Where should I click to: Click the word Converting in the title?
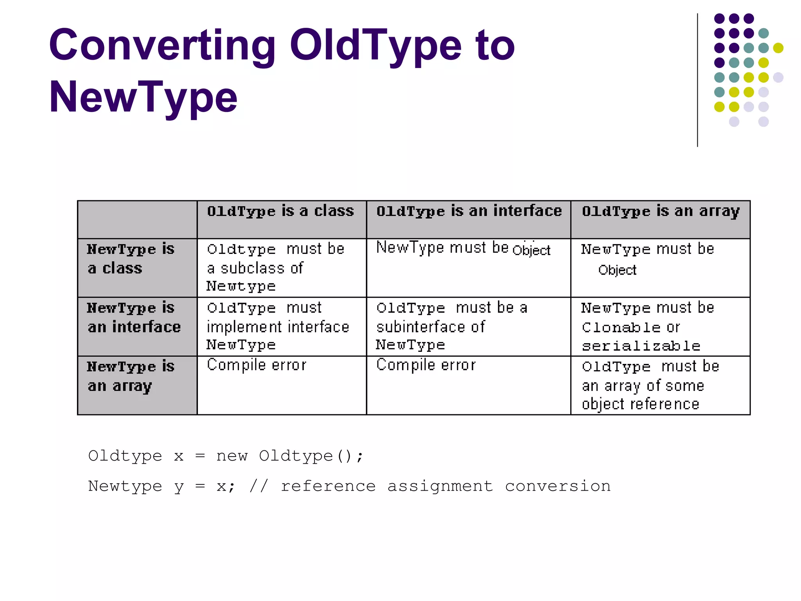pyautogui.click(x=162, y=46)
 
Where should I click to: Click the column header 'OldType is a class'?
pyautogui.click(x=280, y=211)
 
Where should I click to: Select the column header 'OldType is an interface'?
pyautogui.click(x=469, y=211)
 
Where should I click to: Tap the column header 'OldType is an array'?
pyautogui.click(x=661, y=211)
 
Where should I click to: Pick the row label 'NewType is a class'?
pyautogui.click(x=130, y=259)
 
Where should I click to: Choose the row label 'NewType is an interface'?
pyautogui.click(x=134, y=317)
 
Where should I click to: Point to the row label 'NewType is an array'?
pyautogui.click(x=130, y=376)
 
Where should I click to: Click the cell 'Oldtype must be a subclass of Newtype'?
pyautogui.click(x=275, y=268)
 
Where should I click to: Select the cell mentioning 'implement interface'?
pyautogui.click(x=278, y=326)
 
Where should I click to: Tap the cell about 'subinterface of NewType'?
pyautogui.click(x=452, y=326)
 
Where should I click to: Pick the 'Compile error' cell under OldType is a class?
pyautogui.click(x=257, y=365)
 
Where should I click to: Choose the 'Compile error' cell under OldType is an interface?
pyautogui.click(x=426, y=365)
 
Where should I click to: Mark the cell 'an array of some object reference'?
pyautogui.click(x=650, y=385)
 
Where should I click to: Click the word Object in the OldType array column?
pyautogui.click(x=617, y=270)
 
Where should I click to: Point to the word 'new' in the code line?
pyautogui.click(x=232, y=456)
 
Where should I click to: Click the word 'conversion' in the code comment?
pyautogui.click(x=558, y=486)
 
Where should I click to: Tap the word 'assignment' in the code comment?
pyautogui.click(x=440, y=486)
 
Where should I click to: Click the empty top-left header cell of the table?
pyautogui.click(x=137, y=220)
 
